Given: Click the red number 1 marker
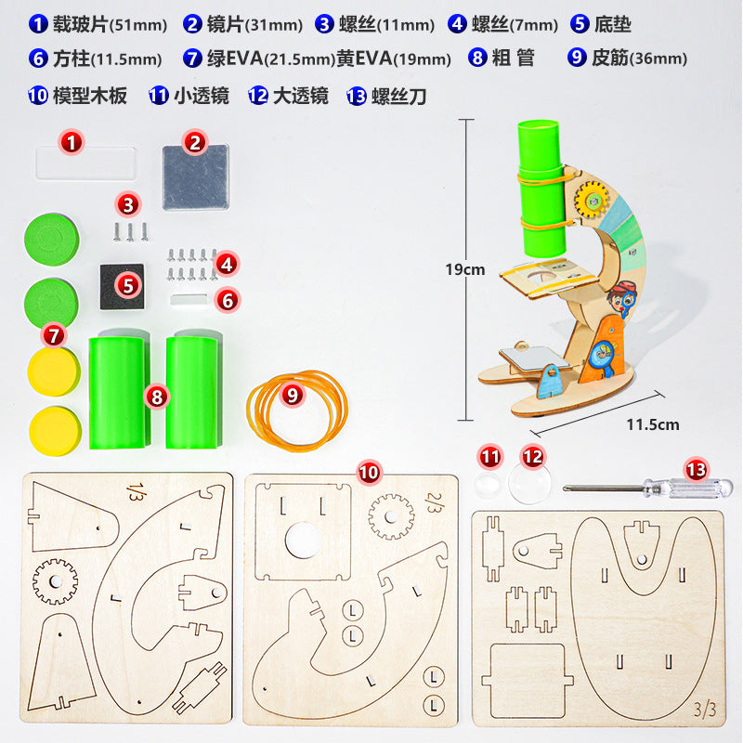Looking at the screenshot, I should [x=73, y=142].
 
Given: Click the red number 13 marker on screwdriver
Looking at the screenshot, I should [x=696, y=469].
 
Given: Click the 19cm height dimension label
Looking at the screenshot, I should [x=464, y=270].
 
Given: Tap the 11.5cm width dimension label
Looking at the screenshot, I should [x=651, y=425].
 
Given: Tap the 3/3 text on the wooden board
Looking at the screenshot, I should [x=705, y=710].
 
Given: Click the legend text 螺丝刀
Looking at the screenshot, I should [x=398, y=95].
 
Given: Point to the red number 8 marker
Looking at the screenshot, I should [x=156, y=398].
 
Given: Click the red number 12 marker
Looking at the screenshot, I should [x=532, y=456].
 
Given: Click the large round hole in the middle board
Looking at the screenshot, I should [x=300, y=539].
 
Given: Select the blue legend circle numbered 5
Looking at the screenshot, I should [x=580, y=24].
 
